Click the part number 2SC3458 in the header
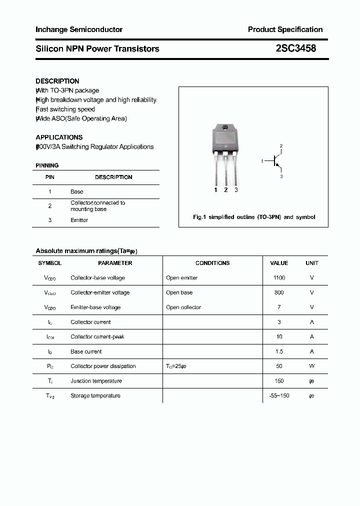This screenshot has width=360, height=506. [x=295, y=48]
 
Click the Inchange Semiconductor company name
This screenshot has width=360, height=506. [x=79, y=29]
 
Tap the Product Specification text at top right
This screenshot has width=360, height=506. [x=285, y=29]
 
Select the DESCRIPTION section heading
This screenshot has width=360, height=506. [x=57, y=81]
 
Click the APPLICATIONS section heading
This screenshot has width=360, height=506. [x=59, y=137]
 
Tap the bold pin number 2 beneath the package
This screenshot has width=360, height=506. [x=226, y=190]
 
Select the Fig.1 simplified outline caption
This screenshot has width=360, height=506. [x=254, y=217]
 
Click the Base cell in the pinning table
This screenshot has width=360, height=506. [x=77, y=191]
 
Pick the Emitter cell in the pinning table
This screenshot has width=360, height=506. [x=79, y=220]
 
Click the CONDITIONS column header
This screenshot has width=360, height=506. [x=212, y=263]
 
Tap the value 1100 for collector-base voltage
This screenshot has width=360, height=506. [x=279, y=277]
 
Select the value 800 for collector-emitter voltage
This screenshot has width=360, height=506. [x=279, y=292]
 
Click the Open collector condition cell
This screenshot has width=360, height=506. [x=183, y=307]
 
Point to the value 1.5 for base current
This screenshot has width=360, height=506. [x=279, y=351]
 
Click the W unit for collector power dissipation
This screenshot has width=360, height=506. [x=312, y=366]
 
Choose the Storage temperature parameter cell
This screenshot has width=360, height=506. [x=95, y=395]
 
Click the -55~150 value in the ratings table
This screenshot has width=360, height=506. [x=279, y=395]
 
